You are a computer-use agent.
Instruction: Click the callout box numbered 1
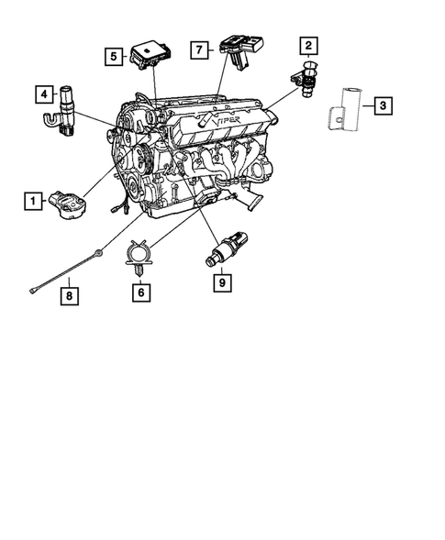tap(33, 199)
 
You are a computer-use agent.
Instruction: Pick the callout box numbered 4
tap(43, 94)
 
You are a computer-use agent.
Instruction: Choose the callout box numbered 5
tap(113, 56)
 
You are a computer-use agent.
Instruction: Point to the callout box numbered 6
tap(139, 292)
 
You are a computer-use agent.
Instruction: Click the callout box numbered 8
tap(67, 295)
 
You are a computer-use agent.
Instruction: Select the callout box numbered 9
tap(221, 282)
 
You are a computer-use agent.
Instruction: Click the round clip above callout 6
tap(139, 251)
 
